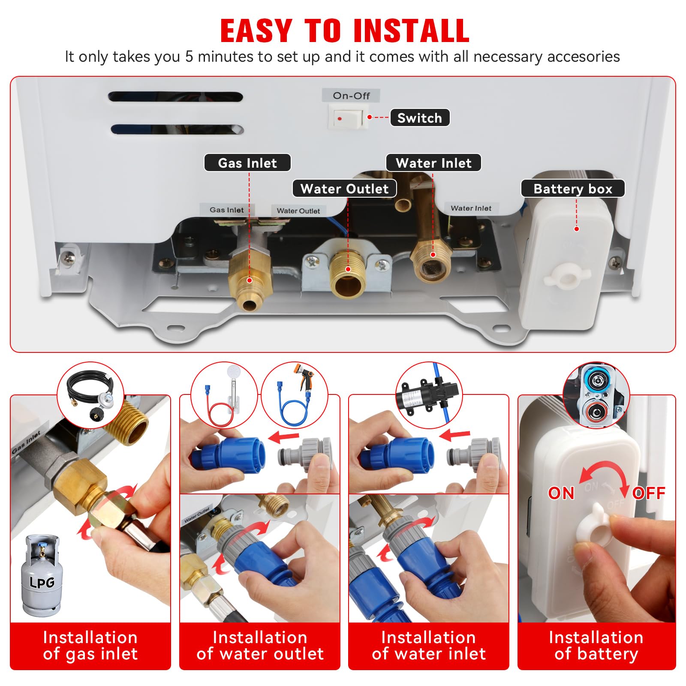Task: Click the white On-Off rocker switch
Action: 348,118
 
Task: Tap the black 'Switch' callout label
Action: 420,118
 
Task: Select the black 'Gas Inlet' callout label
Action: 247,163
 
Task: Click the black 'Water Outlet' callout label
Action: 344,189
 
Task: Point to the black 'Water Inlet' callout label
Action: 433,163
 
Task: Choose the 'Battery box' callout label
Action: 573,189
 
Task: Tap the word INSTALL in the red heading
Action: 412,31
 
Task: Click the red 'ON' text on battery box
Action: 561,493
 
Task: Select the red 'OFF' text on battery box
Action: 649,493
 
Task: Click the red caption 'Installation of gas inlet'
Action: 90,646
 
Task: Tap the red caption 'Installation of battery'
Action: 596,646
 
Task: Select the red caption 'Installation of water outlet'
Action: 260,646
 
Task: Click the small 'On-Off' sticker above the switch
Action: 351,96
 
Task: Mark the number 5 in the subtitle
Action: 189,57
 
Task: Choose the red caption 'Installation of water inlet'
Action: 429,646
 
